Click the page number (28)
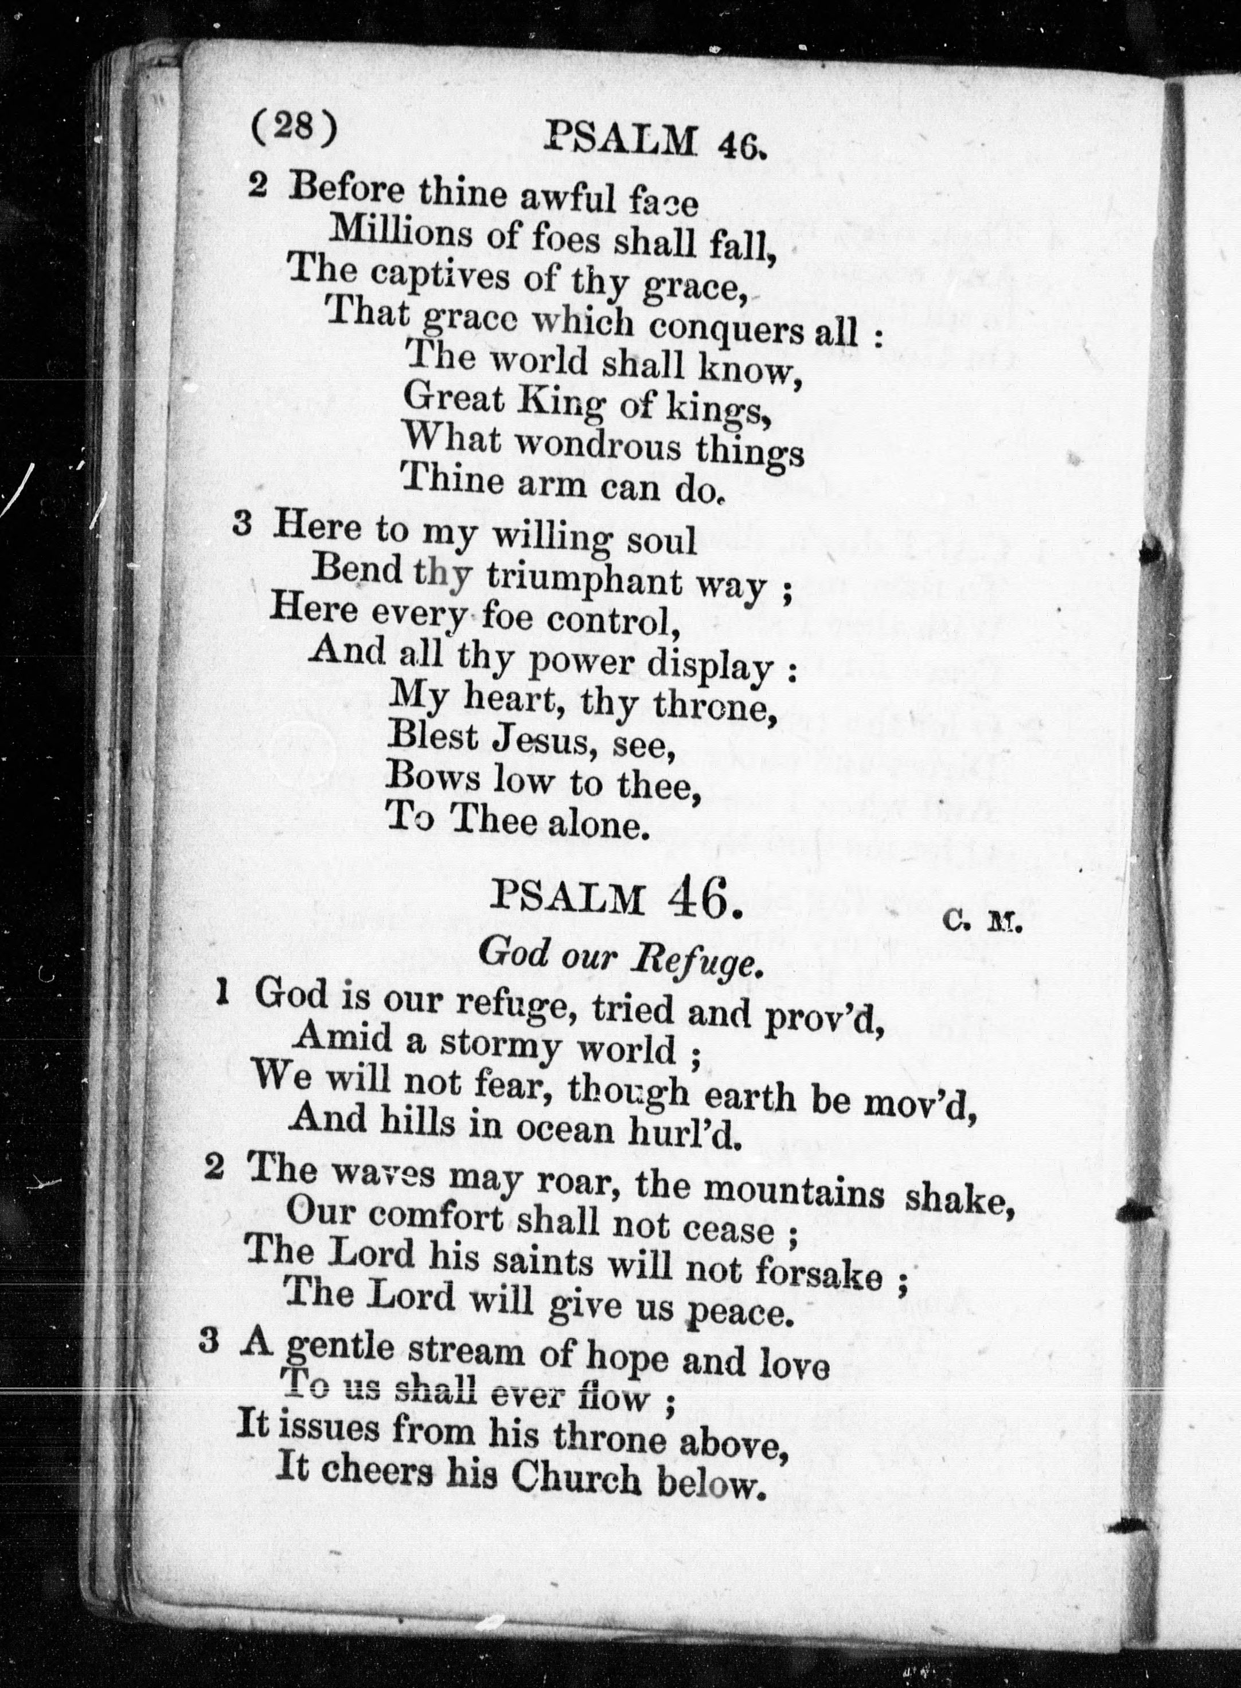click(x=294, y=128)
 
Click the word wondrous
click(x=599, y=446)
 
